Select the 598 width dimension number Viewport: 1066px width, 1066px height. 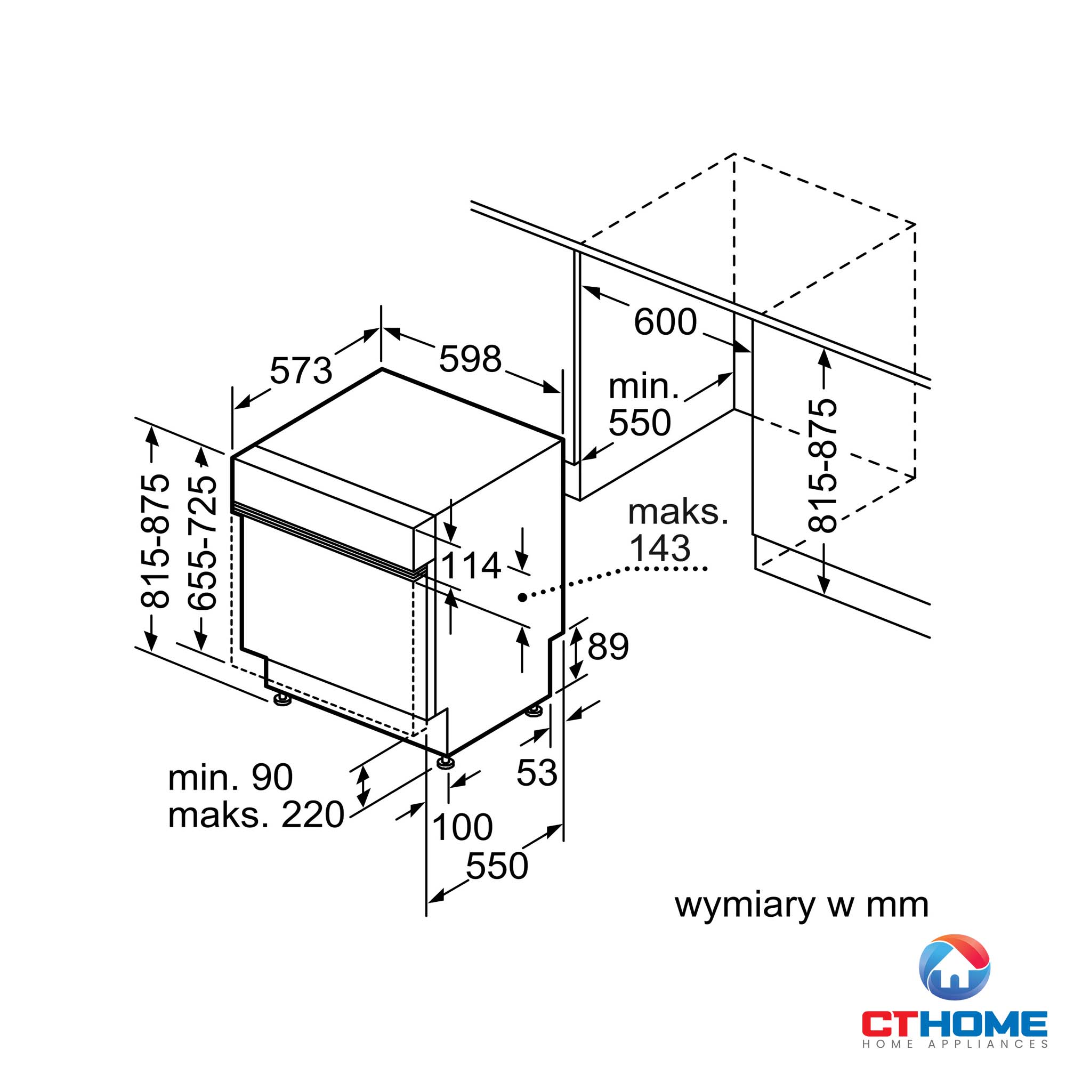tap(470, 359)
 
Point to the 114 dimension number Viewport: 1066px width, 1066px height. tap(471, 566)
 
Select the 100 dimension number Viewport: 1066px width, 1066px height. tap(462, 827)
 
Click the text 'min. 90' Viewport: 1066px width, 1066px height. tap(230, 778)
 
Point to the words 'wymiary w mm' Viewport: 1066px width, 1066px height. tap(802, 906)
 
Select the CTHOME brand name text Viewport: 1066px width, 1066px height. tap(955, 1023)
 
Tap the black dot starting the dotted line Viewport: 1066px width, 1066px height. tap(522, 597)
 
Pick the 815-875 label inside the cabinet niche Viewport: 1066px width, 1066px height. tap(822, 465)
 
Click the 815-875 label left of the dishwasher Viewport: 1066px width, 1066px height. tap(155, 540)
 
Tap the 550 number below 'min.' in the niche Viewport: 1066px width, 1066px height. tap(640, 423)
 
